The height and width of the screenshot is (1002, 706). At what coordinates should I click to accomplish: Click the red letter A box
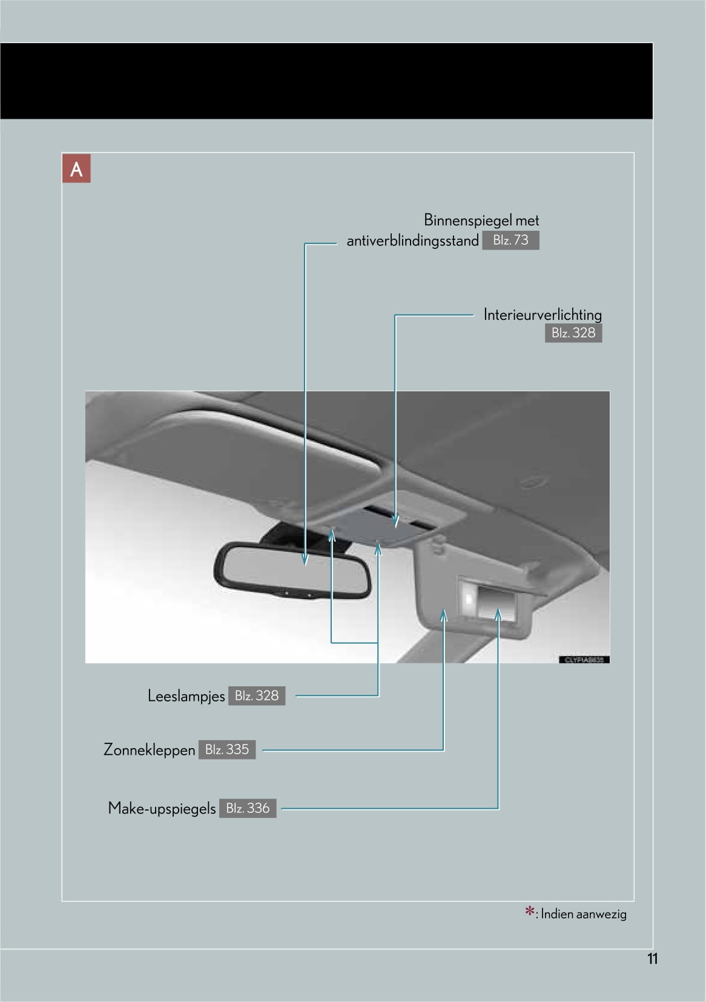click(76, 169)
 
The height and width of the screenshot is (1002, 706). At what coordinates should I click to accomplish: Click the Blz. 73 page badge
click(510, 241)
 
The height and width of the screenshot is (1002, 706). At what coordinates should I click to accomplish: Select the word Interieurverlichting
click(542, 314)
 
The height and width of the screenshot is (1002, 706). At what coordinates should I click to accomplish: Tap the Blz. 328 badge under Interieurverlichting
click(573, 333)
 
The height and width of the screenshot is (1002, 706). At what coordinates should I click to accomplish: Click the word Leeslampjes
click(186, 696)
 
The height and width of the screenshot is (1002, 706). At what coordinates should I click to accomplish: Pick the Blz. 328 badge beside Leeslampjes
click(257, 696)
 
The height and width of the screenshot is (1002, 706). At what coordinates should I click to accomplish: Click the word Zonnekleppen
click(149, 750)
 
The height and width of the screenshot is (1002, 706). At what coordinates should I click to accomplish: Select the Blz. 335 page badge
click(227, 750)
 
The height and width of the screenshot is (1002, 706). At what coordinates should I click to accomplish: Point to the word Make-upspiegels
click(162, 809)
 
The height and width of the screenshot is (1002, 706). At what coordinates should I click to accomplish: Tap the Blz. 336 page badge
click(248, 808)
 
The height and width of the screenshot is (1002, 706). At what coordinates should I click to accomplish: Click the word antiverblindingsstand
click(412, 241)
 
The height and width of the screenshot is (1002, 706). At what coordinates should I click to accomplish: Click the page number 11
click(652, 959)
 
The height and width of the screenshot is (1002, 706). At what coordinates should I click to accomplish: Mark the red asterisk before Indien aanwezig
click(529, 912)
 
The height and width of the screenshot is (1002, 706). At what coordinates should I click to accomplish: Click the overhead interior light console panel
click(381, 525)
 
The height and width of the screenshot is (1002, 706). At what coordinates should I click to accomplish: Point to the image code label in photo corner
click(584, 660)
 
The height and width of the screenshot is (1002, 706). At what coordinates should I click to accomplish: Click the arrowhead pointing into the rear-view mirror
click(305, 559)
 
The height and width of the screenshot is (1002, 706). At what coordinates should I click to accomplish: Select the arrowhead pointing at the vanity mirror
click(498, 615)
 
